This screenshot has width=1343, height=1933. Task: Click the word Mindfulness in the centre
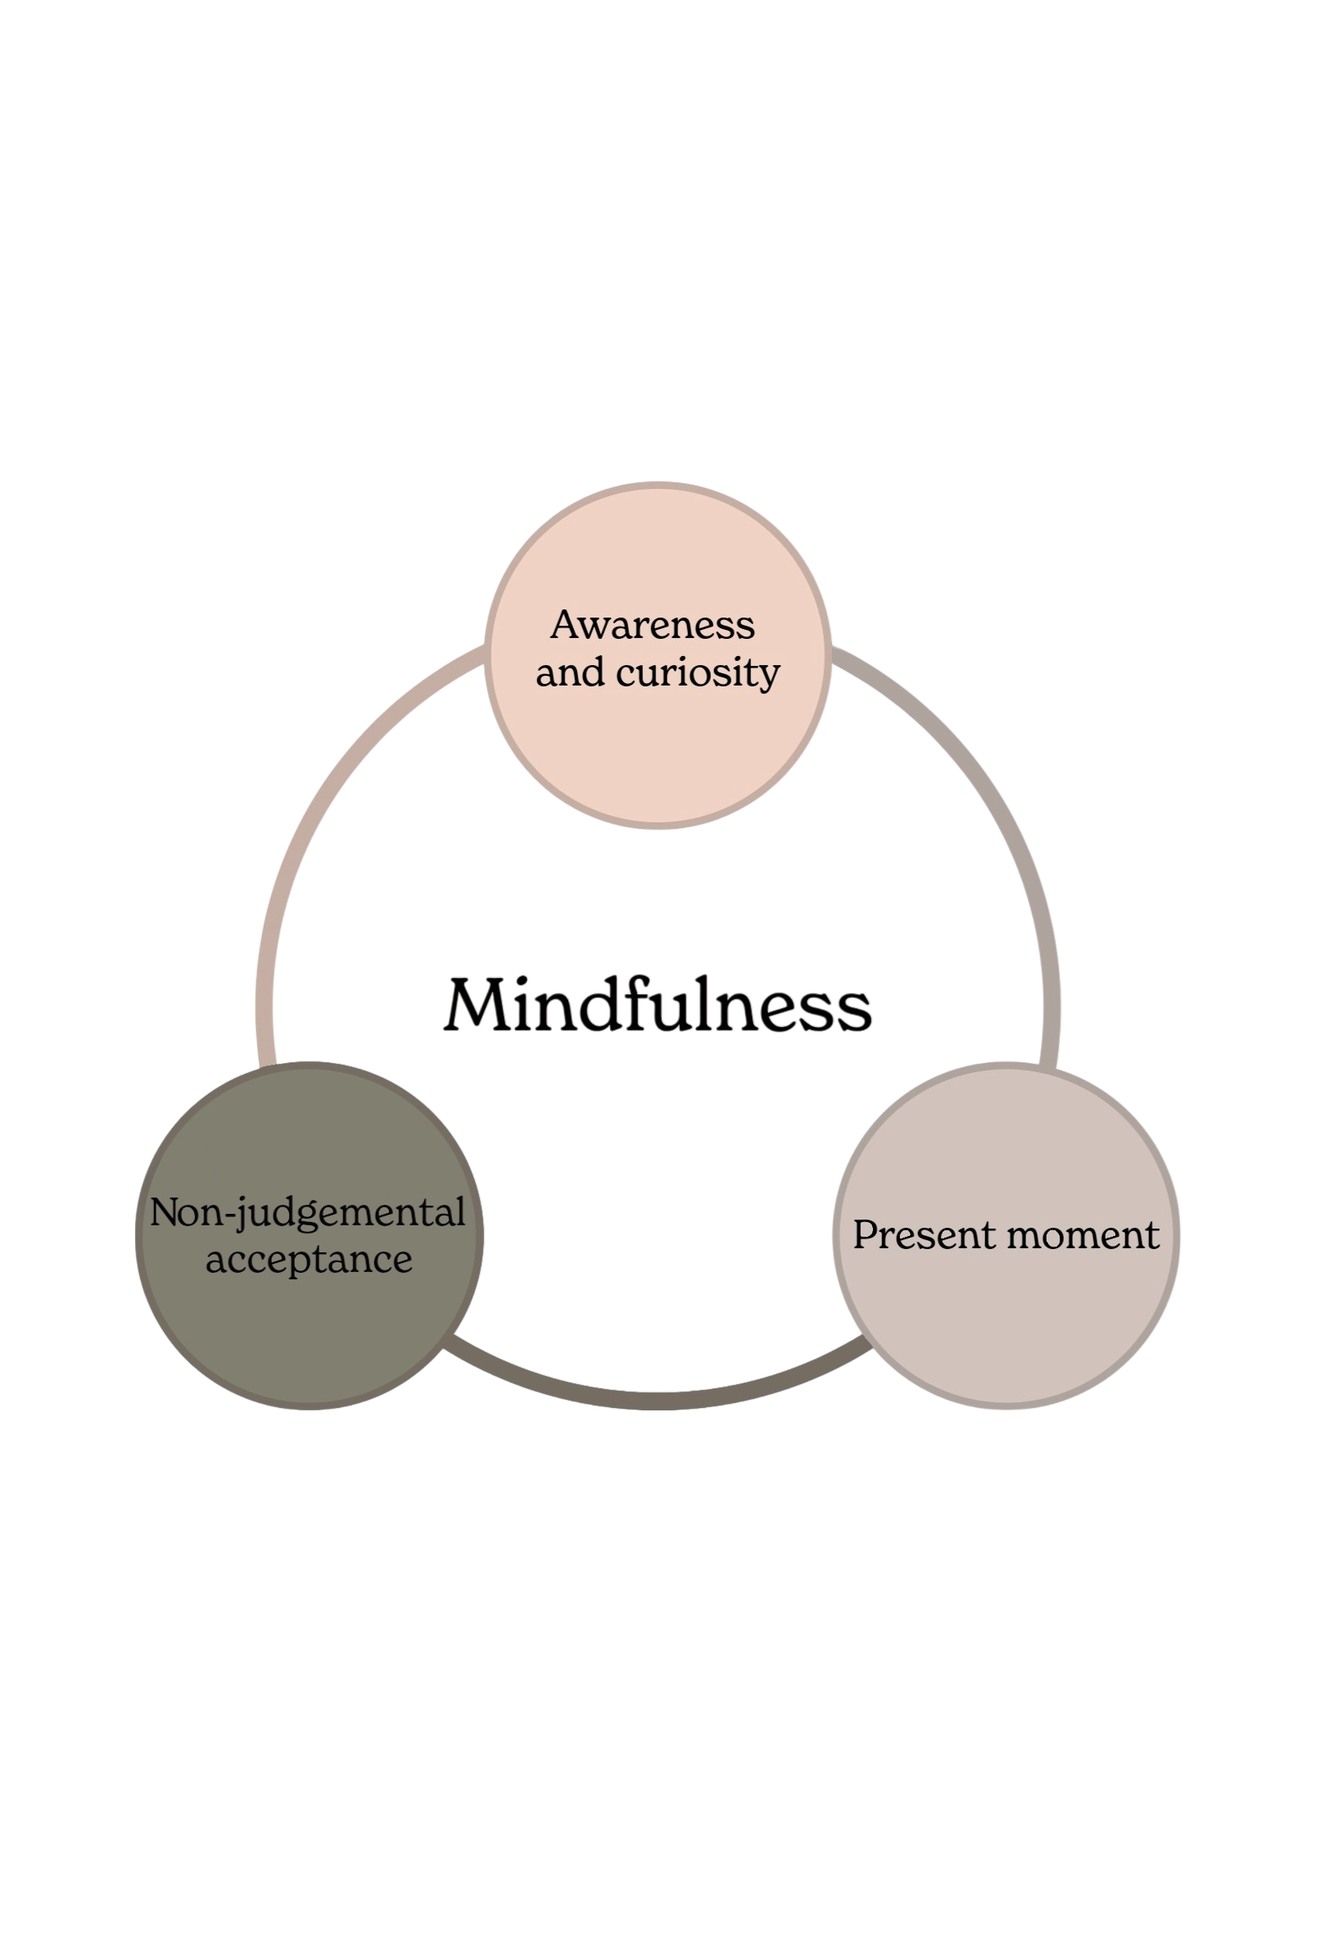(x=657, y=1006)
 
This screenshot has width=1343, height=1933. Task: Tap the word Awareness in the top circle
(x=653, y=626)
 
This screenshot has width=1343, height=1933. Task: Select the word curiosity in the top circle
(x=699, y=674)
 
